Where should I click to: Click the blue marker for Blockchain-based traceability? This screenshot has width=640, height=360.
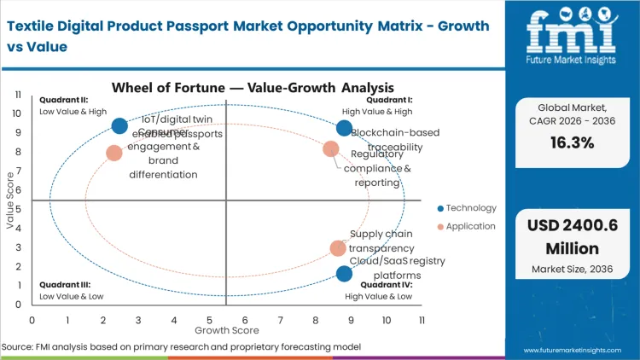coord(344,128)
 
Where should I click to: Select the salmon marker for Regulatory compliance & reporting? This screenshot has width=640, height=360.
coord(331,149)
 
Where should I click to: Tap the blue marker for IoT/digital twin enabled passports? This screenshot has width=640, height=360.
coord(119,126)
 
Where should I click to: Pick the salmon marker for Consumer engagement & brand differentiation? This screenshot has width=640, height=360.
coord(114,154)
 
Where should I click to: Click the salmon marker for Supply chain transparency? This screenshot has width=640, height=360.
coord(338,248)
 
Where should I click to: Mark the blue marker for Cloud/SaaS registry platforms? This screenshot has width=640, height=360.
coord(344,274)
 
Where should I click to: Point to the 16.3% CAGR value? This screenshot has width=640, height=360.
coord(571,142)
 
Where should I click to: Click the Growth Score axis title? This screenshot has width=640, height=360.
coord(226,329)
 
